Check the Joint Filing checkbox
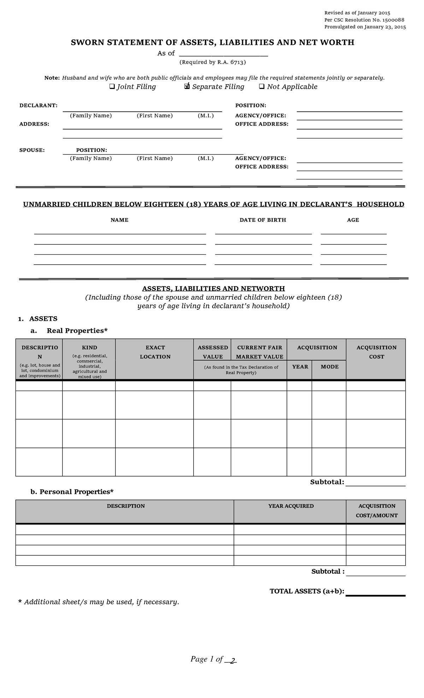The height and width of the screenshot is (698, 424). click(x=112, y=87)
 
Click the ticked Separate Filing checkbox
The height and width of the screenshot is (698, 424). click(x=187, y=87)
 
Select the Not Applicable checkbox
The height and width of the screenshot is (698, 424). click(x=262, y=87)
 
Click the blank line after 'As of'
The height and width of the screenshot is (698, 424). click(x=223, y=54)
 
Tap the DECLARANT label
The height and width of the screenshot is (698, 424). click(x=38, y=106)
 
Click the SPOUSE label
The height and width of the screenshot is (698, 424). click(x=32, y=150)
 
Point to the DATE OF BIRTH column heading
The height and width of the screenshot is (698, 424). click(x=263, y=220)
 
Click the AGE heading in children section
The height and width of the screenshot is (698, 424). click(x=353, y=220)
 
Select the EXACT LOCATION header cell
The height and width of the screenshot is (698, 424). click(x=155, y=352)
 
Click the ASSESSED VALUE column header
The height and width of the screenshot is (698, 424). click(x=212, y=352)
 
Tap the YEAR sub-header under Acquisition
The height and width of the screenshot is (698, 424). click(x=300, y=367)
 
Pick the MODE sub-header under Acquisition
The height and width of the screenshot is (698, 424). click(x=329, y=367)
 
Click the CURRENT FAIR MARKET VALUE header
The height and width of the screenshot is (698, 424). click(x=259, y=352)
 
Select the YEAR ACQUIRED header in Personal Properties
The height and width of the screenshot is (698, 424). click(x=290, y=506)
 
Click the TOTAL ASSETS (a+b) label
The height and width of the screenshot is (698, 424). click(x=307, y=591)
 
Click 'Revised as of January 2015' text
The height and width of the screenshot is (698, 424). click(x=357, y=13)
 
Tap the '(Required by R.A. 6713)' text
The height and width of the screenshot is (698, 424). click(x=212, y=62)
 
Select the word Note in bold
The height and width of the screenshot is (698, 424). click(x=52, y=78)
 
